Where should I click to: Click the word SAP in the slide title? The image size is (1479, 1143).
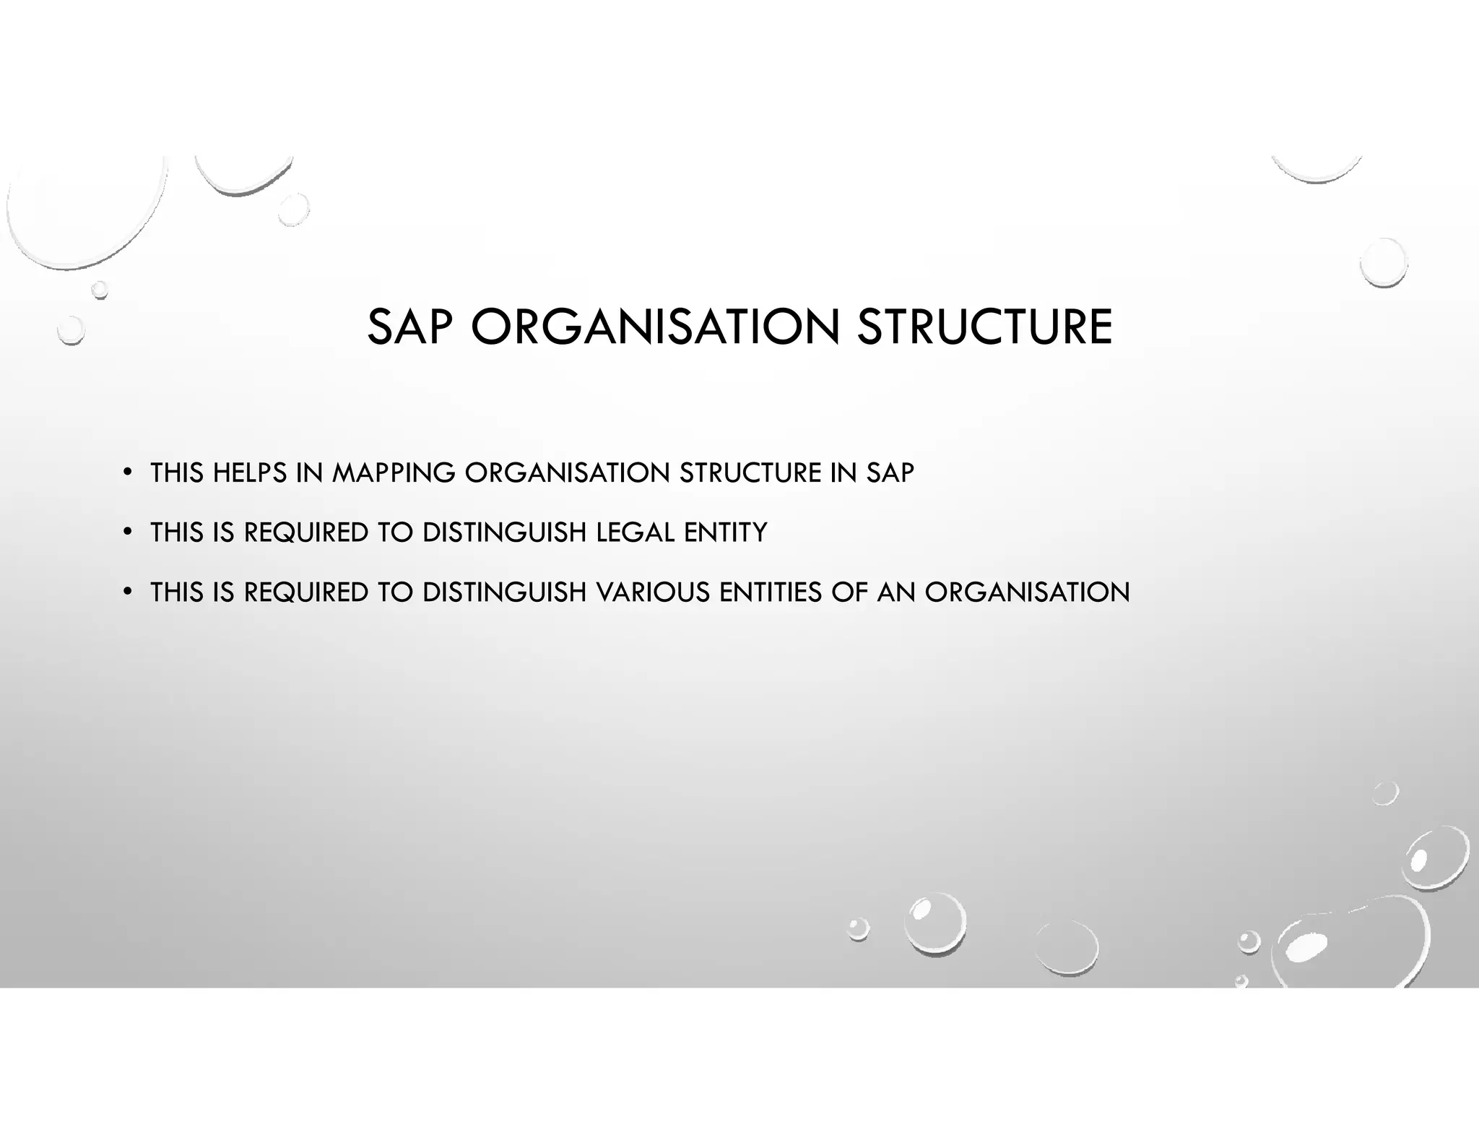coord(409,327)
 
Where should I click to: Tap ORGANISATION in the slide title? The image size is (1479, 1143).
coord(655,327)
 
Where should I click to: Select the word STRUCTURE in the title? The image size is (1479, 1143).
coord(984,327)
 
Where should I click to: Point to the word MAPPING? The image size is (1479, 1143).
coord(394,473)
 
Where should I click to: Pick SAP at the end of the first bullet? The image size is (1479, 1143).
coord(890,473)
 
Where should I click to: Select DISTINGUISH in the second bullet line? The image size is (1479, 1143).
coord(504,533)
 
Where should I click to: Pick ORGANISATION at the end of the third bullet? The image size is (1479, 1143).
coord(1027,593)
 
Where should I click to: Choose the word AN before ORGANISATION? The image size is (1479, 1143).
coord(895,593)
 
